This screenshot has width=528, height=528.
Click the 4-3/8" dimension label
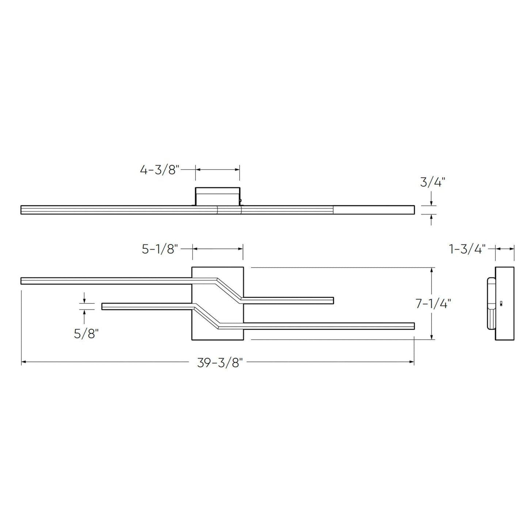point(160,170)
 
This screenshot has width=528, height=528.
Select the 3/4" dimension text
point(433,182)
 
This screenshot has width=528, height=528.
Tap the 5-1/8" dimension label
point(160,249)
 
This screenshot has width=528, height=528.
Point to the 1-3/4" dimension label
point(467,249)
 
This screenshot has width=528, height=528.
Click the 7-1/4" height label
point(433,304)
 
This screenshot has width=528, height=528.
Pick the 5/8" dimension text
point(86,333)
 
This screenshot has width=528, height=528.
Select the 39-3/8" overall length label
point(220,363)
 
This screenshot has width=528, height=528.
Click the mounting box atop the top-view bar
point(218,196)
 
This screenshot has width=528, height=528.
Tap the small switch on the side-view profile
point(501,303)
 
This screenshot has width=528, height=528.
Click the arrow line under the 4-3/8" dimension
point(217,170)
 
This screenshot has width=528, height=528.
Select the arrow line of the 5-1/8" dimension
point(218,249)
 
